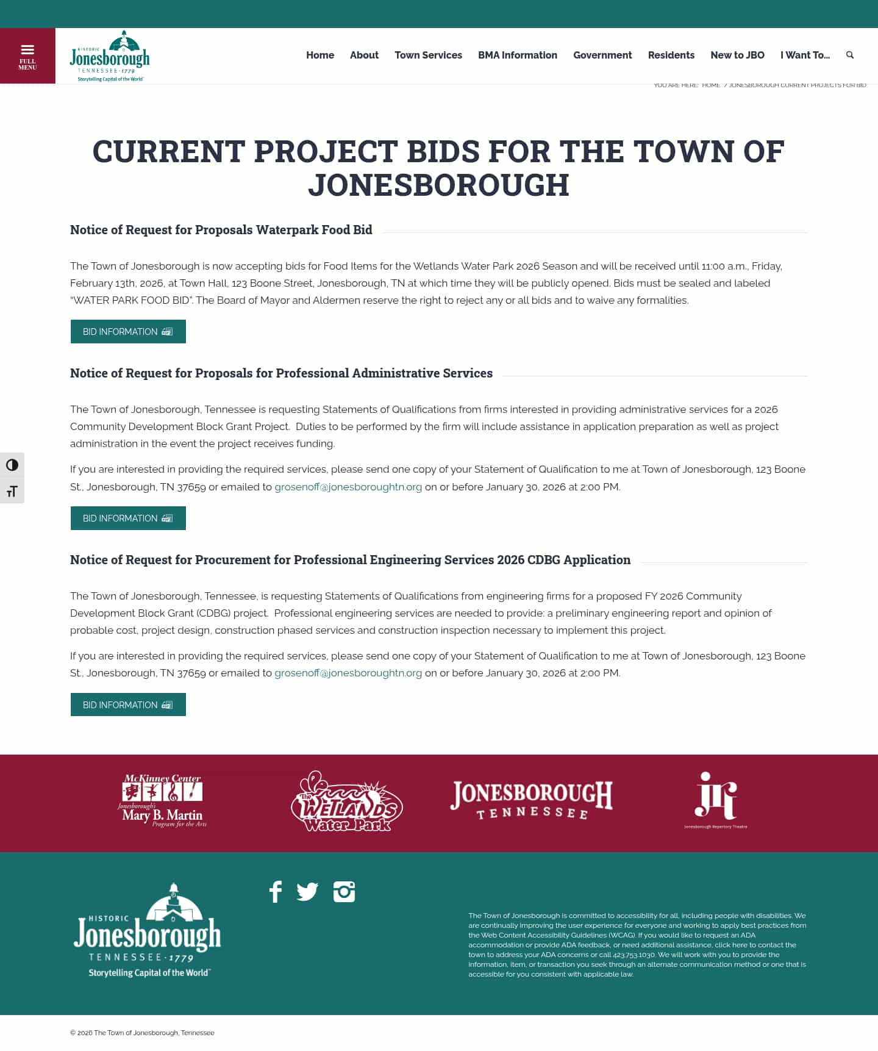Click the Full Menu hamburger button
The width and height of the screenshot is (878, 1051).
pyautogui.click(x=27, y=56)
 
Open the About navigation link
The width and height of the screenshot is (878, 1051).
pyautogui.click(x=364, y=55)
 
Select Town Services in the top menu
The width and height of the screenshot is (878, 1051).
pyautogui.click(x=428, y=55)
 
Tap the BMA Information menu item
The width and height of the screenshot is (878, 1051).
pyautogui.click(x=517, y=55)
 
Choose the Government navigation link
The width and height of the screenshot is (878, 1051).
pyautogui.click(x=602, y=55)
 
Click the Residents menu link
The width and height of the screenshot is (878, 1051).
pyautogui.click(x=671, y=55)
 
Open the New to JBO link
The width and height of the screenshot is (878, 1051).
pyautogui.click(x=737, y=55)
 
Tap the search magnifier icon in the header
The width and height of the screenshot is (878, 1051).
pyautogui.click(x=849, y=55)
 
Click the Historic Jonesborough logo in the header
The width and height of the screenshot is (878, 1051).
pyautogui.click(x=110, y=56)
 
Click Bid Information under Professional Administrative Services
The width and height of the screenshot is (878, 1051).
pyautogui.click(x=128, y=518)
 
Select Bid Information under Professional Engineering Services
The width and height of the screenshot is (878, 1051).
pyautogui.click(x=128, y=705)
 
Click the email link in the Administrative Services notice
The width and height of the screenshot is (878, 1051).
pyautogui.click(x=348, y=487)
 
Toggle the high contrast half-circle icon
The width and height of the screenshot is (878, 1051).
pyautogui.click(x=12, y=465)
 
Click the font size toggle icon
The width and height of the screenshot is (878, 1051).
pyautogui.click(x=12, y=492)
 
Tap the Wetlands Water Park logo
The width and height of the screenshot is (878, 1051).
pyautogui.click(x=346, y=802)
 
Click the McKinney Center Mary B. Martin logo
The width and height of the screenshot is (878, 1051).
pyautogui.click(x=163, y=801)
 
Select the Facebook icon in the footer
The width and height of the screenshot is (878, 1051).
pyautogui.click(x=276, y=892)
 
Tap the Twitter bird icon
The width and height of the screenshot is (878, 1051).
pyautogui.click(x=307, y=892)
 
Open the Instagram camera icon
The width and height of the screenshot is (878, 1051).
pyautogui.click(x=344, y=892)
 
